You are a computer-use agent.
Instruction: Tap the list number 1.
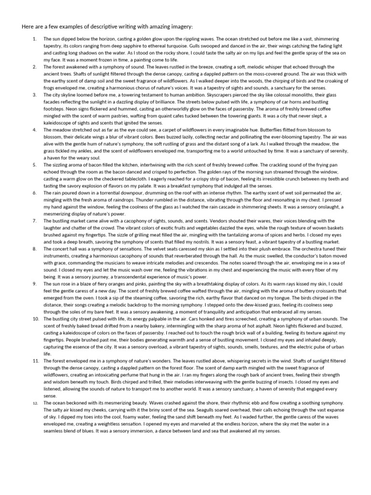point(34,38)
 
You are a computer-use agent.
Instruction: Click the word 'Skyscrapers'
point(199,95)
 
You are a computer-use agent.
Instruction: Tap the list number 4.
point(34,131)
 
